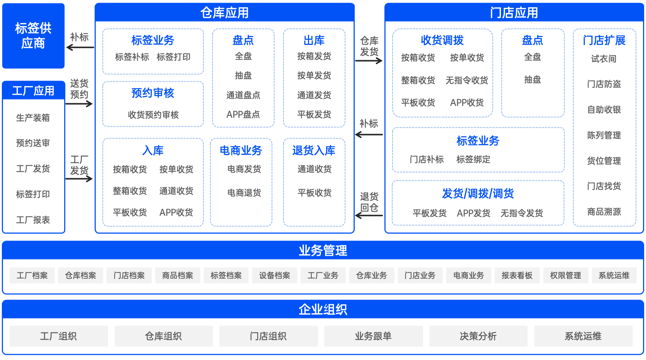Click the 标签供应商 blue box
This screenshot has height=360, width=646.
pos(33,36)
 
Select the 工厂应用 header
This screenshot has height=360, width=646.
pos(33,91)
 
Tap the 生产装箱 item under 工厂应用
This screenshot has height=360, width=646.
pos(33,118)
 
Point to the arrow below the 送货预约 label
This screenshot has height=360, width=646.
pos(79,104)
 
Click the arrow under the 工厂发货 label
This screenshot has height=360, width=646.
pos(79,179)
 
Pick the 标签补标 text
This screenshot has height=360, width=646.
pos(132,57)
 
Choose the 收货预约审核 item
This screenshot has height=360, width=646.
pos(153,115)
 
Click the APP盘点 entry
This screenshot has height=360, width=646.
pos(243,114)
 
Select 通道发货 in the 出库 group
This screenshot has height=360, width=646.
pos(314,95)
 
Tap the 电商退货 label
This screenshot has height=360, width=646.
pos(244,193)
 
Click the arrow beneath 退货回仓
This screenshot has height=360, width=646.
pos(369,216)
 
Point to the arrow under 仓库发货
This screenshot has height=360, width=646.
pos(369,60)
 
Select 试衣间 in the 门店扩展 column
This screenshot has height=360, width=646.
pos(604,59)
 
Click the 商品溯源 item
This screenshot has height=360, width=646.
pos(604,212)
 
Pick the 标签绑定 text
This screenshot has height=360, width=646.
pos(473,159)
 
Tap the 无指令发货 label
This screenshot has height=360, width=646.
pos(522,213)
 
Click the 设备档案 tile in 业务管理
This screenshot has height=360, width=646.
pos(275,275)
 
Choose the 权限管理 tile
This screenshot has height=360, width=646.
pos(565,275)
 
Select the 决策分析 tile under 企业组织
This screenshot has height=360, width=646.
pos(478,336)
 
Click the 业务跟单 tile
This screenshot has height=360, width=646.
pos(373,336)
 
